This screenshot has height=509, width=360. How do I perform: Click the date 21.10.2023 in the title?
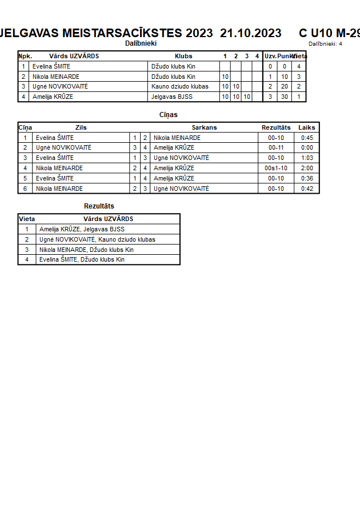(250, 33)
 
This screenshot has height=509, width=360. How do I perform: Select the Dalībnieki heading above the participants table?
(141, 43)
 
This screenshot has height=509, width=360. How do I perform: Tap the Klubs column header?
(183, 56)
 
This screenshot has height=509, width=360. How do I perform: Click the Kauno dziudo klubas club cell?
(180, 86)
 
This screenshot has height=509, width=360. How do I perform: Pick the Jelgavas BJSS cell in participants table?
(172, 97)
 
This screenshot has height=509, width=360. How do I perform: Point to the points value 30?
(285, 97)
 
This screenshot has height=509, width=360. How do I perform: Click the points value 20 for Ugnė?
(285, 86)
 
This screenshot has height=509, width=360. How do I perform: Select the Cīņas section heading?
(168, 115)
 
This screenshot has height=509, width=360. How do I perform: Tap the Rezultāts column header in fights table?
(276, 127)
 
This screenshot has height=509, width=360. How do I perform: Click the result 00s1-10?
(276, 168)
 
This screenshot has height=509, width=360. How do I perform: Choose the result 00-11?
(276, 147)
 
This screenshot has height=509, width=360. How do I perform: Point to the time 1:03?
(307, 158)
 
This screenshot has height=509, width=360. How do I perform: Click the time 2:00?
(307, 168)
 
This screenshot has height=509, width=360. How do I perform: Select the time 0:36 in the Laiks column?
(307, 178)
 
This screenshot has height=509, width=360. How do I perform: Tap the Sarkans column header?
(204, 127)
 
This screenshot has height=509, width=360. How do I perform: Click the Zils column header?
(81, 127)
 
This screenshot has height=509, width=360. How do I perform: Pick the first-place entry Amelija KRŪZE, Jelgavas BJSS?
(82, 229)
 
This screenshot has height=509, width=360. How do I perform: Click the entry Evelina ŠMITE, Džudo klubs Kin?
(82, 259)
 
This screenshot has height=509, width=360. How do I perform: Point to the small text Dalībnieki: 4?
(325, 43)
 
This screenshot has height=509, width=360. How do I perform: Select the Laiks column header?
(307, 127)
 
